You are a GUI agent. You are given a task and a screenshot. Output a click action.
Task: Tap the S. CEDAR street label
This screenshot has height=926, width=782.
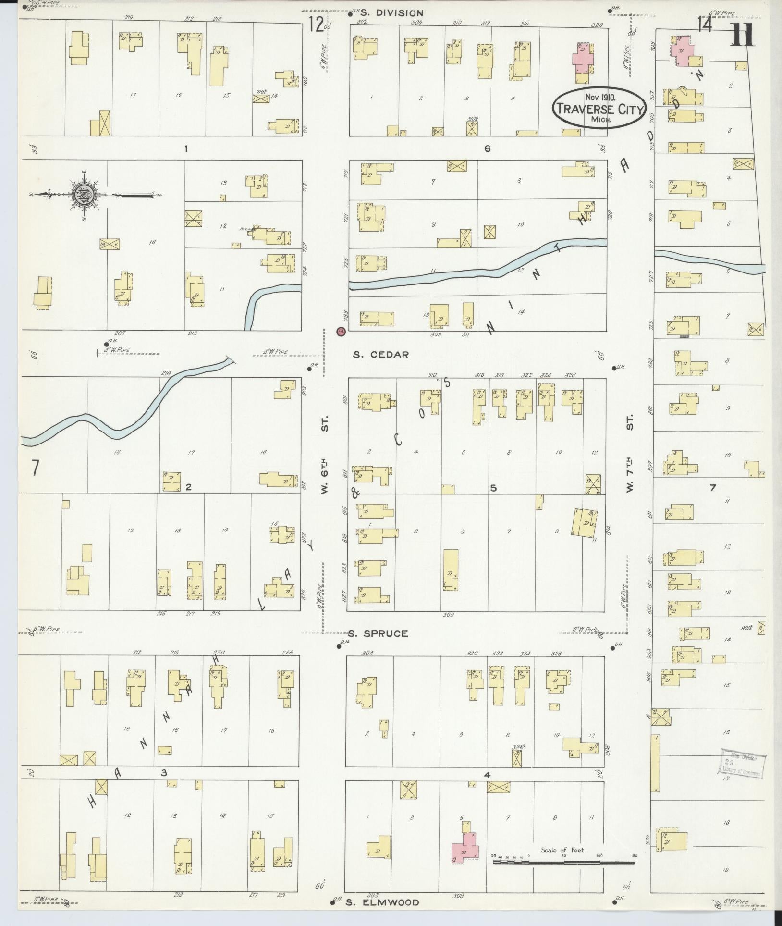[x=380, y=355]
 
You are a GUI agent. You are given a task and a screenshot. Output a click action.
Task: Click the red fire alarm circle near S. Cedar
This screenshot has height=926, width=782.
[x=341, y=331]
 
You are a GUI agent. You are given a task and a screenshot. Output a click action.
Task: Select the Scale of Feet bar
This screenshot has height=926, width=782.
[x=563, y=862]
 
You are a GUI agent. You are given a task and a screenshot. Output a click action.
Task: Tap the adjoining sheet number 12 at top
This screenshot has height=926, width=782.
[x=316, y=24]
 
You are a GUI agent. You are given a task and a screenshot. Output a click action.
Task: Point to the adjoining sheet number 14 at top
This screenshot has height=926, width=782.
[x=705, y=25]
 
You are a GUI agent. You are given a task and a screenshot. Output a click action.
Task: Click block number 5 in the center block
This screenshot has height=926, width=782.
[x=493, y=488]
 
